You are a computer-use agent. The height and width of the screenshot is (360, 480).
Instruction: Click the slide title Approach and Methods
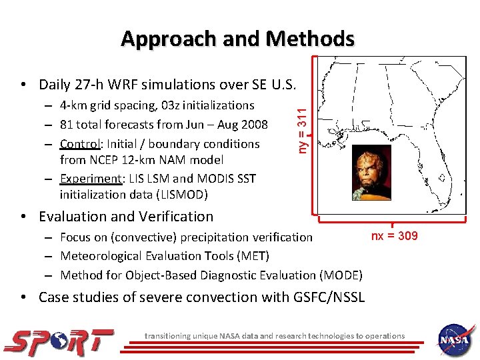(237, 39)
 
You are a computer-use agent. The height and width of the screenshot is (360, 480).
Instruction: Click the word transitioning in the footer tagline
(167, 336)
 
